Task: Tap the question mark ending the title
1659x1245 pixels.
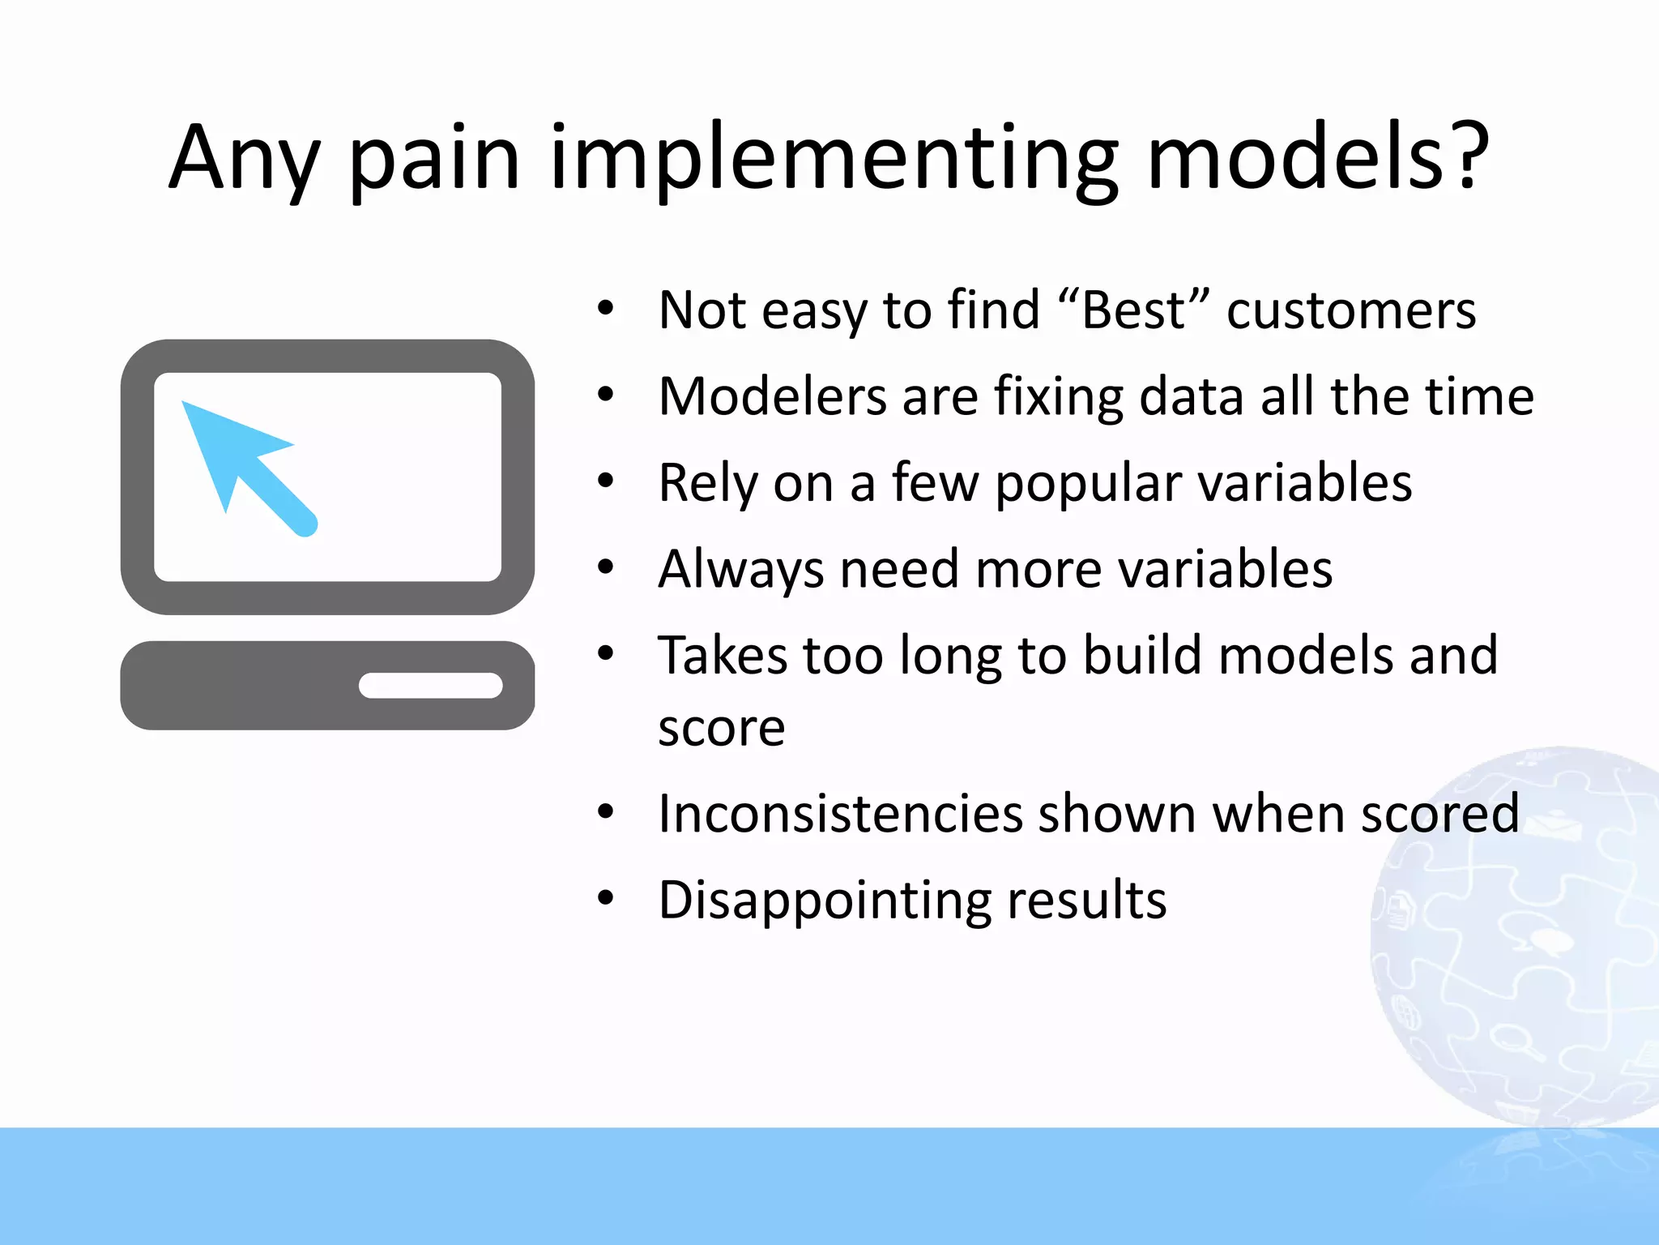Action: [1467, 154]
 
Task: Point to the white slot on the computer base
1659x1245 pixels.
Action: [431, 686]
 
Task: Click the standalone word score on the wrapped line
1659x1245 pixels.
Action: [721, 728]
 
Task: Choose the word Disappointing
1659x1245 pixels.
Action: [825, 900]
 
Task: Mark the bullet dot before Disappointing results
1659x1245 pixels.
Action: [606, 898]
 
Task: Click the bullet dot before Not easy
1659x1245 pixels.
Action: [606, 309]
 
